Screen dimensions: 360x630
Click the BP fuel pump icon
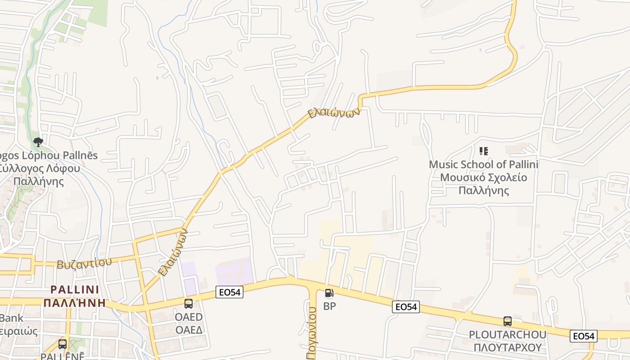pos(329,293)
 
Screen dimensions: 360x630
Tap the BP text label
pos(329,306)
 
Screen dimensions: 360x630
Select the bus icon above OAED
pos(189,304)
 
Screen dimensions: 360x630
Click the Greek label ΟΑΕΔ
pos(189,330)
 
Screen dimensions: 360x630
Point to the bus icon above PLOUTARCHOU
pos(508,321)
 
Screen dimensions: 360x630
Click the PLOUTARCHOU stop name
pos(508,335)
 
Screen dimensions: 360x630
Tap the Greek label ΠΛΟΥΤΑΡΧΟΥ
pos(508,347)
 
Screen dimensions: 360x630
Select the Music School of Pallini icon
pos(484,151)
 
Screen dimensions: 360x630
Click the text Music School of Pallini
pos(483,164)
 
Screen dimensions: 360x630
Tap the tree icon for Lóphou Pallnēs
pos(38,143)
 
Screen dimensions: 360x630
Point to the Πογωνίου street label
pos(312,333)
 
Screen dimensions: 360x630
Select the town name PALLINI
pos(75,289)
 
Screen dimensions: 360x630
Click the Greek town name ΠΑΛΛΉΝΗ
pos(75,302)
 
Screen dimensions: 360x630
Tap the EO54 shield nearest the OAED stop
pos(229,292)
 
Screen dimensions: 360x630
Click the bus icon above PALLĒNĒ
pos(63,344)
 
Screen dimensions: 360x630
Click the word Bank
pos(11,318)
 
